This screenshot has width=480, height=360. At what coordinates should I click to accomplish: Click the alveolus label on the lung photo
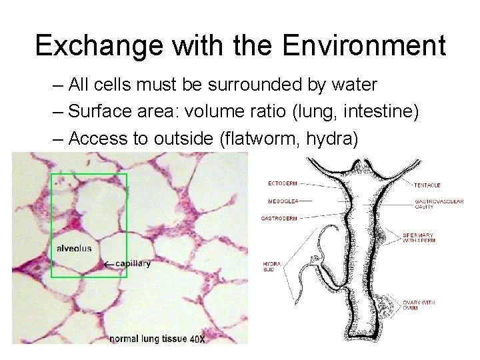coord(75,248)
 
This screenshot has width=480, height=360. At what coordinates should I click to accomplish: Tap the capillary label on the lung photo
coord(133,263)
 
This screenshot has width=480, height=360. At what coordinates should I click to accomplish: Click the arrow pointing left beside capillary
coord(109,264)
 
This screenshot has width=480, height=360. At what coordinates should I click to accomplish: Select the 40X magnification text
coord(197,339)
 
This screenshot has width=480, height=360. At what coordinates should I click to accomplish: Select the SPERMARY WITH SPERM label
coord(419,239)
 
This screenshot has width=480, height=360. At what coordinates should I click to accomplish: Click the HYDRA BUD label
coord(272,267)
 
